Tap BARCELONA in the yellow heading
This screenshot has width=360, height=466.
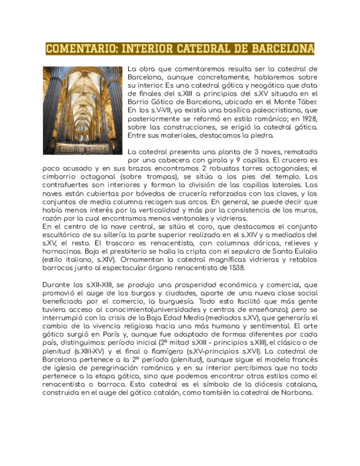[283, 49]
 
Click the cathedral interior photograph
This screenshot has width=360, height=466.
[82, 110]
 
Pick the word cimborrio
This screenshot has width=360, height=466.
[60, 176]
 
